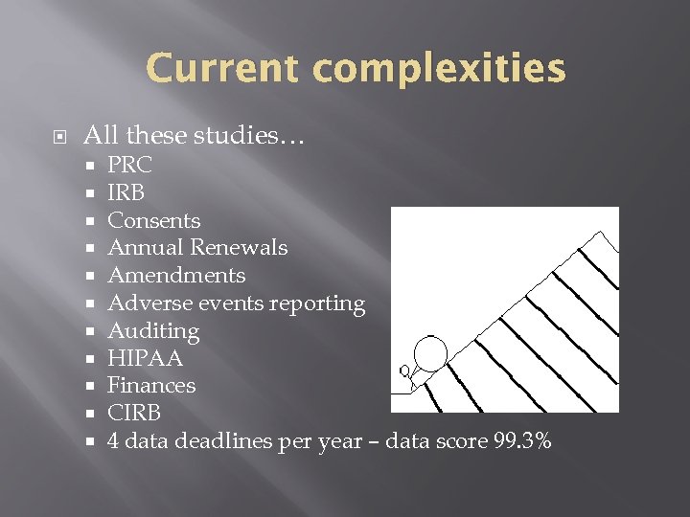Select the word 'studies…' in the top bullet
point(254,136)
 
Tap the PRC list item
point(129,165)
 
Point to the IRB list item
point(126,192)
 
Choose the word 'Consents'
point(154,220)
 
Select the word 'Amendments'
point(176,276)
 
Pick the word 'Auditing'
point(153,331)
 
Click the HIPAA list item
point(145,358)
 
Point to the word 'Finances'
point(151,386)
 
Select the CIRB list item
point(134,414)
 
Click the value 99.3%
point(519,441)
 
